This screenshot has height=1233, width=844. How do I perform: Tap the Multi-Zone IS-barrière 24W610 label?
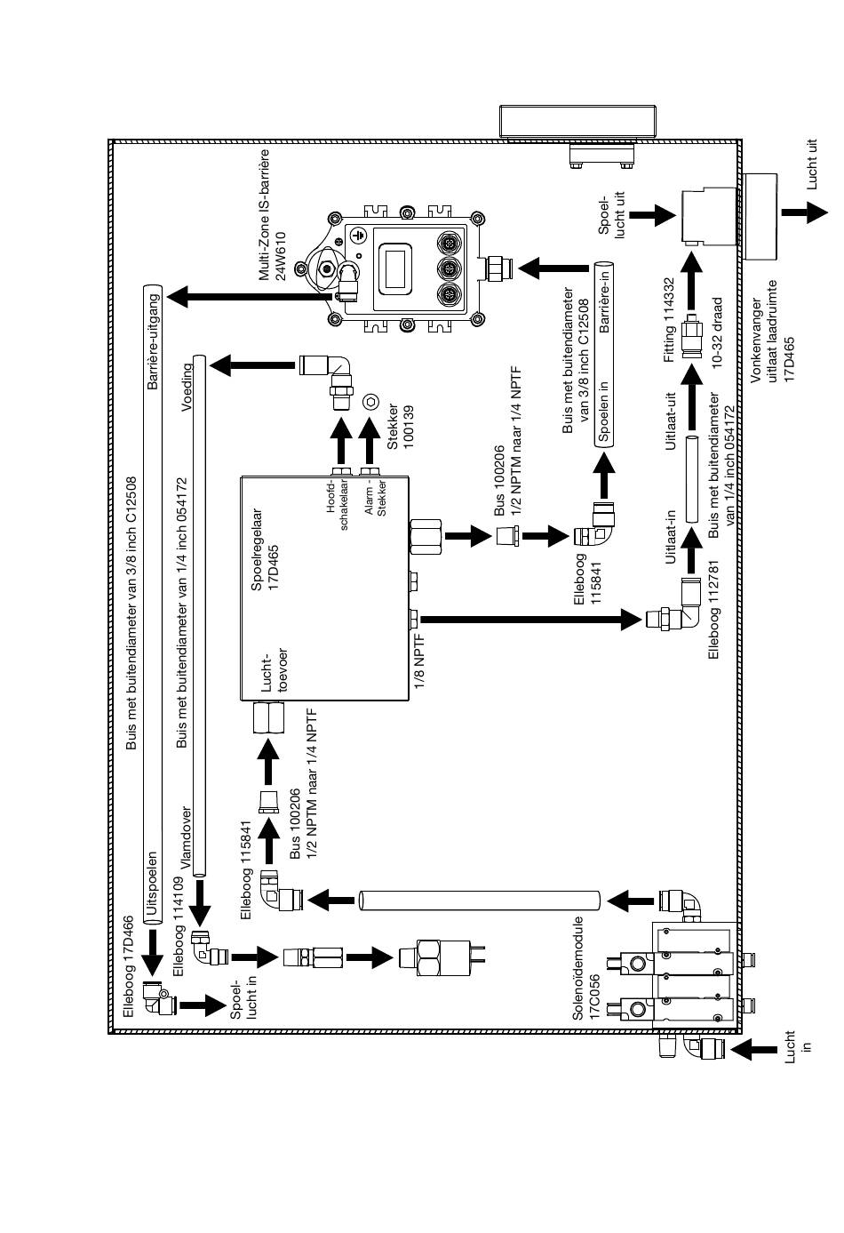pos(273,214)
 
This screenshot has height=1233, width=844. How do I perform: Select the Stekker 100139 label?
pos(401,427)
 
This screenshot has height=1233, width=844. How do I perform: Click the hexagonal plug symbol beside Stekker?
pos(370,401)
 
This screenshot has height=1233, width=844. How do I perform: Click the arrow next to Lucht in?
pos(753,1049)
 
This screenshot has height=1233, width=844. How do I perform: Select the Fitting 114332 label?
pos(669,320)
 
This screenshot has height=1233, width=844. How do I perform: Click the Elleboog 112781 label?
pos(713,609)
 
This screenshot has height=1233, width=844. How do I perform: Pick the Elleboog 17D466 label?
pos(128,966)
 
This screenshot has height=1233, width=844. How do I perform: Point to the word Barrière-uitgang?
pos(153,341)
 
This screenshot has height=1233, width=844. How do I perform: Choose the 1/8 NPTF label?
pos(420,662)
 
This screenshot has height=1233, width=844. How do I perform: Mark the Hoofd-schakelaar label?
pos(337,506)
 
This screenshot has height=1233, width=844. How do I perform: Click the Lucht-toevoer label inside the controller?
pos(275,670)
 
